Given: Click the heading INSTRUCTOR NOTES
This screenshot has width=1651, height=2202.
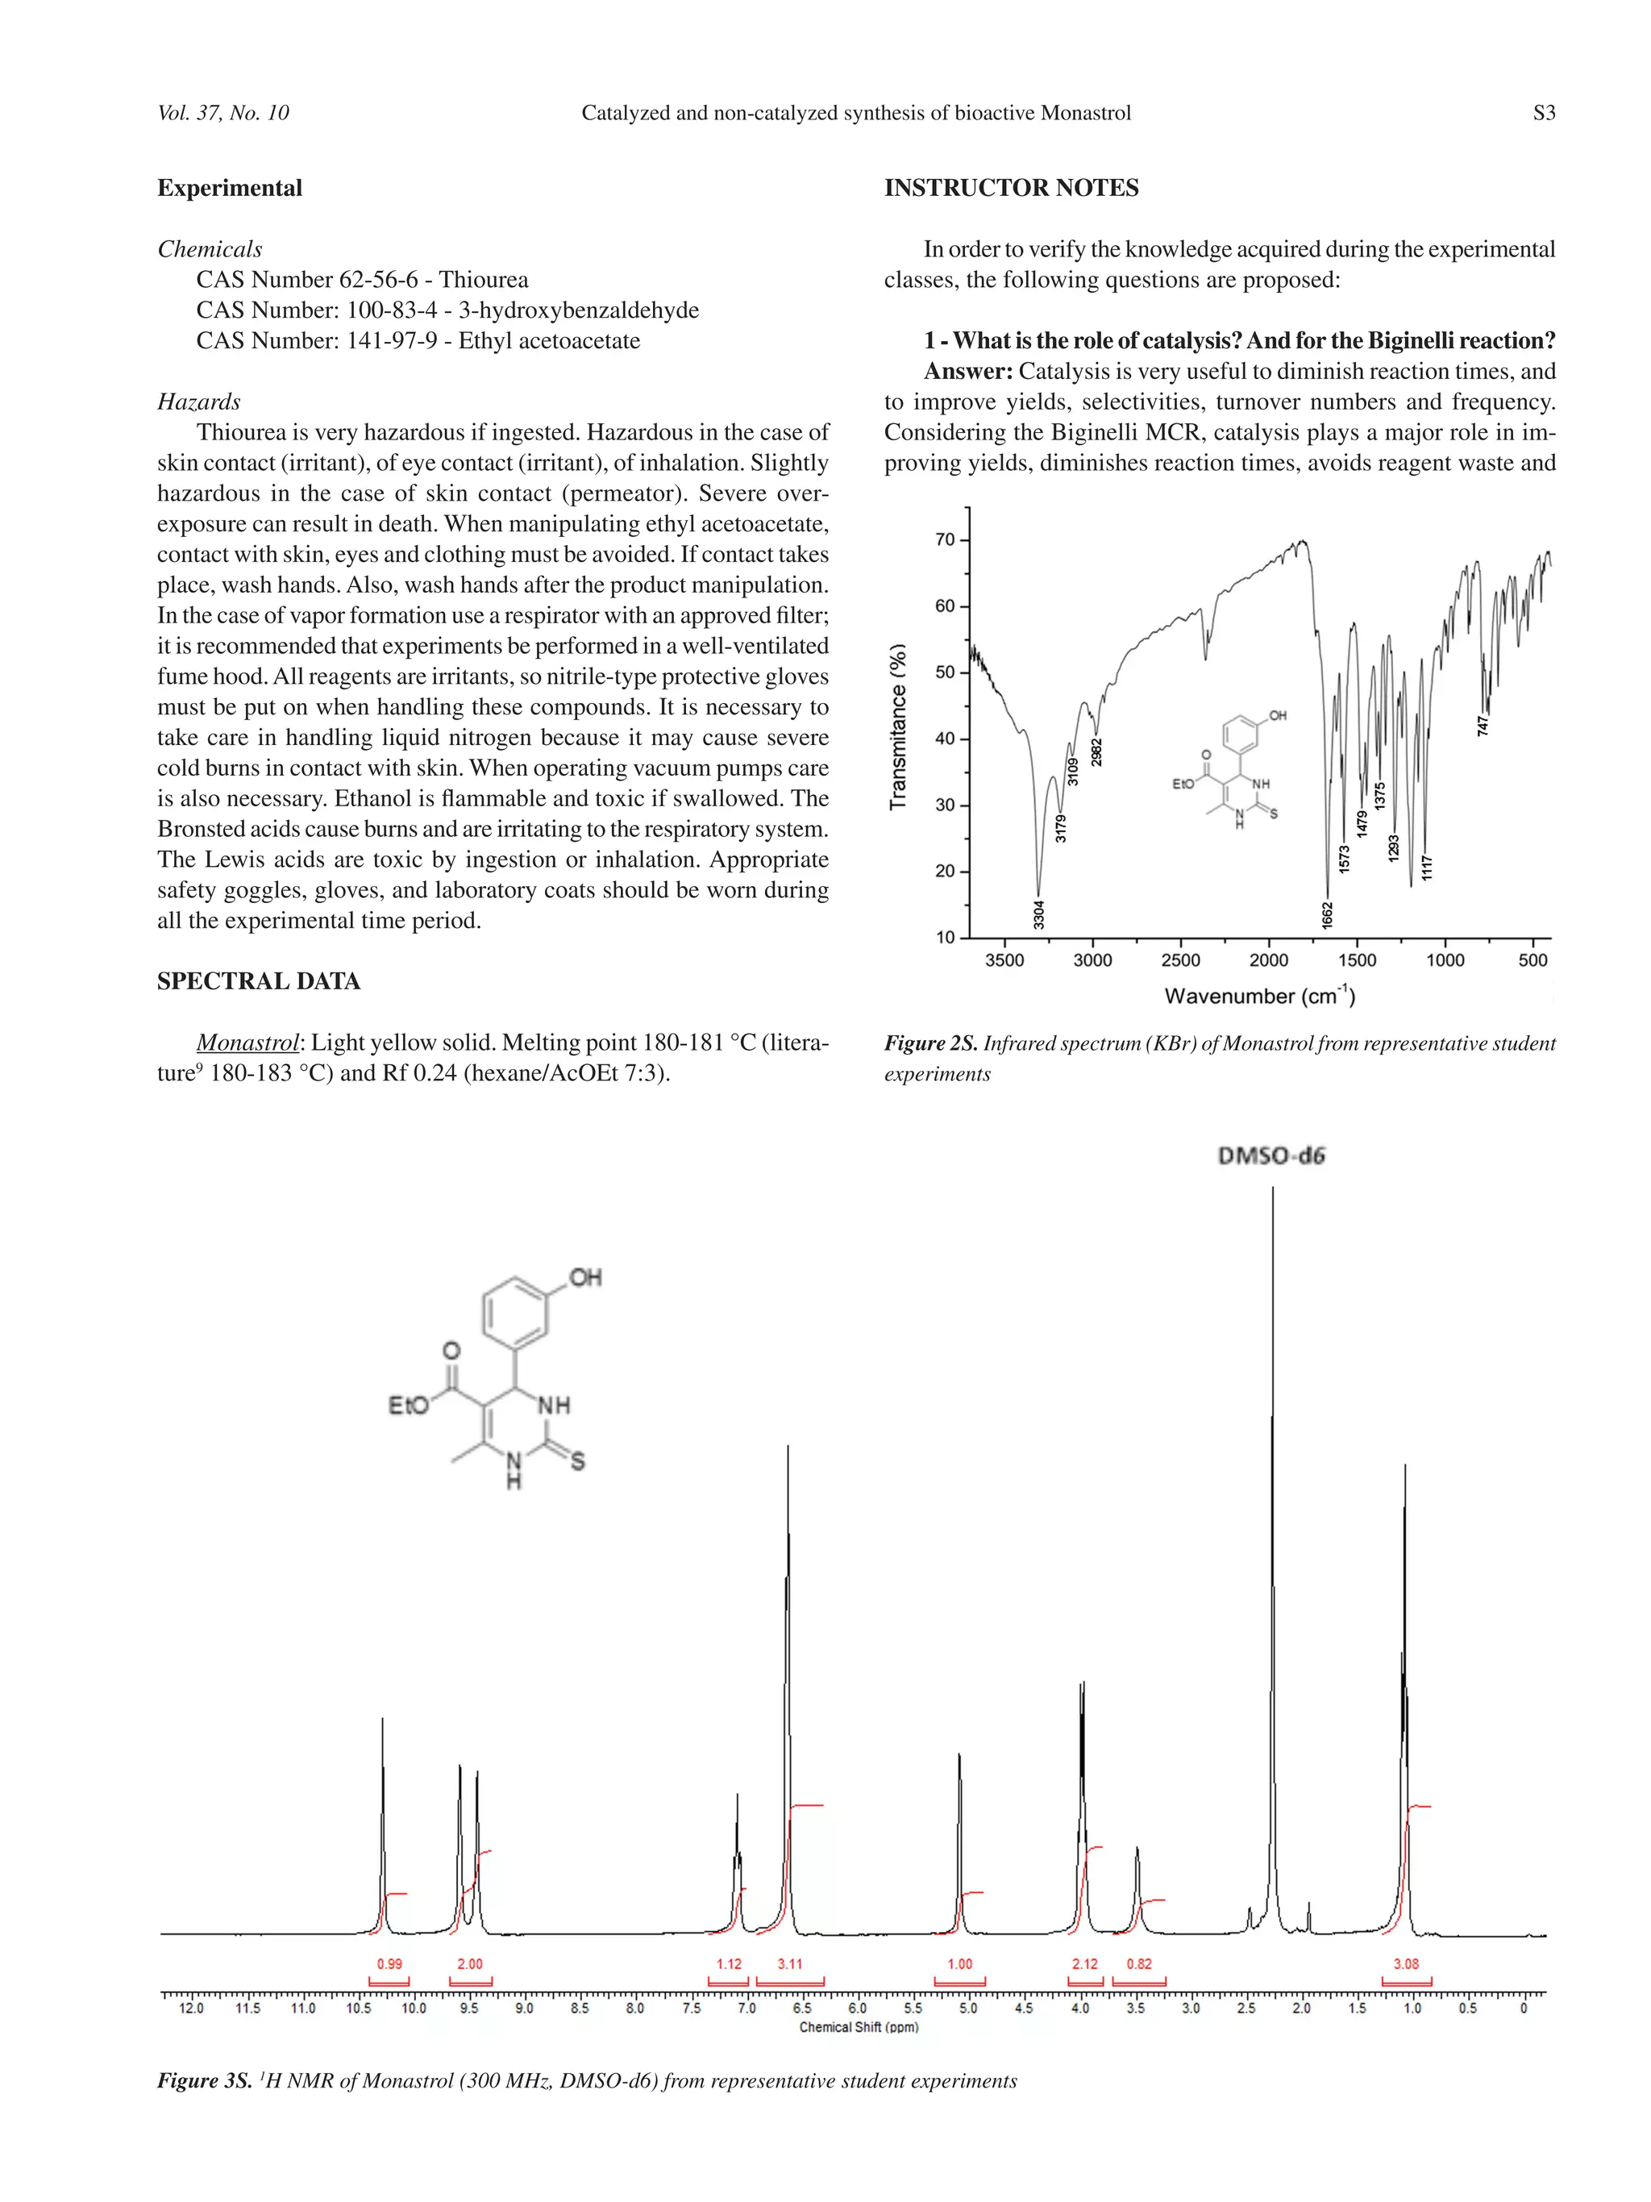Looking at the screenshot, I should [1010, 188].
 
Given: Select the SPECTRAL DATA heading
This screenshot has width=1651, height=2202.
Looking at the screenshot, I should [259, 980].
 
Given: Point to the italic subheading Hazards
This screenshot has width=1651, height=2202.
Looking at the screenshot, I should [199, 402].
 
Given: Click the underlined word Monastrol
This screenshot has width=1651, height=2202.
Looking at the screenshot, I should [247, 1043].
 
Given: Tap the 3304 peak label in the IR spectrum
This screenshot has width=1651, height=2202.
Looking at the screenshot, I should [1038, 914].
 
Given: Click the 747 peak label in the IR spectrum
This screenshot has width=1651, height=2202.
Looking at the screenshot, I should [1482, 725].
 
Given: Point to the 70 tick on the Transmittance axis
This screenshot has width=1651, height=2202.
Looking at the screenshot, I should [945, 539].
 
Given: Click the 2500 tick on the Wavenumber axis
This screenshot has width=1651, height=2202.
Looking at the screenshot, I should [1180, 960].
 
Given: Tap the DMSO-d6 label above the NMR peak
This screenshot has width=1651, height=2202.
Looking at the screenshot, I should [1272, 1155].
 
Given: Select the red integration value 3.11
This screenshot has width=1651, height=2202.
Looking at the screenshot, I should [789, 1964].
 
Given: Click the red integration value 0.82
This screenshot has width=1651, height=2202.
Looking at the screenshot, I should [1138, 1964].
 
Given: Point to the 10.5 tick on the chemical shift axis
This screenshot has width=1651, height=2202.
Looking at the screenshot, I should [358, 2008].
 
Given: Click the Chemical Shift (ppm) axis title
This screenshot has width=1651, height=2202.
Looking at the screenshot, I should [858, 2027].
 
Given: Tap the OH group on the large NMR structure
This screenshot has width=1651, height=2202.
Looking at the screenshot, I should [585, 1277].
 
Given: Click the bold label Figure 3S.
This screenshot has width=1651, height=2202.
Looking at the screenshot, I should [204, 2082].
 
